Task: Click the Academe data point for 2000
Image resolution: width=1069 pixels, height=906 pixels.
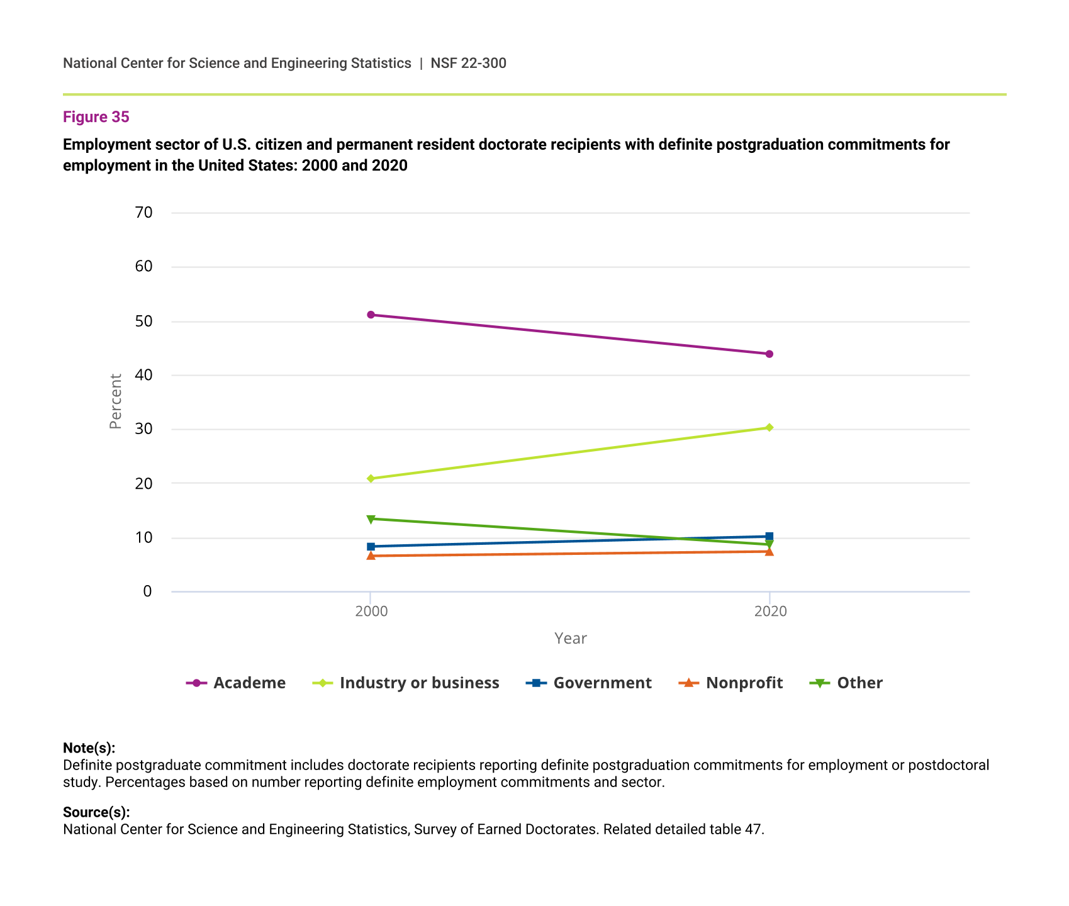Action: coord(371,315)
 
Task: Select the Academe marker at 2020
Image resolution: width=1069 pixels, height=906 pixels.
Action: coord(769,354)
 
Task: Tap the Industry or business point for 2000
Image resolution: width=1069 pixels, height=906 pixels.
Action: coord(371,479)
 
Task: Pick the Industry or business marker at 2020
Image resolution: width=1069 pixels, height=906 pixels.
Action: coord(769,428)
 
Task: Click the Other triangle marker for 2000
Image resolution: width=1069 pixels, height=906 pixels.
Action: coord(371,519)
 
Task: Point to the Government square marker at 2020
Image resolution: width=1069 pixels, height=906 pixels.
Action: coord(769,537)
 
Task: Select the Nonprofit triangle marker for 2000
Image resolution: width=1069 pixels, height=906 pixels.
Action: coord(371,556)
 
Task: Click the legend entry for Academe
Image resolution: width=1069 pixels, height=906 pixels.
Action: coord(237,683)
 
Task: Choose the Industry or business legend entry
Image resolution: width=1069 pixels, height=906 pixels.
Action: coord(406,683)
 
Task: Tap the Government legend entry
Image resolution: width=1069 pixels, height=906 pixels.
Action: coord(589,683)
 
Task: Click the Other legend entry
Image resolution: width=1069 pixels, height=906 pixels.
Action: coord(846,683)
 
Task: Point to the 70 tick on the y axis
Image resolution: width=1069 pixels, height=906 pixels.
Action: coord(143,213)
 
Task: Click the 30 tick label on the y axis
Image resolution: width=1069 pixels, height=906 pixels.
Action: coord(143,429)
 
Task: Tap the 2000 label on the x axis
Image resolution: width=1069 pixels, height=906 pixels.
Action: coord(371,612)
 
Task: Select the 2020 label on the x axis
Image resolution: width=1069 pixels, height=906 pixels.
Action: coord(770,612)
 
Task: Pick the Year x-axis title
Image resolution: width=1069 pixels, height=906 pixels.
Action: coord(570,639)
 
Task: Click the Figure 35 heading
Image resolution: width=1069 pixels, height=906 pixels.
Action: coord(96,117)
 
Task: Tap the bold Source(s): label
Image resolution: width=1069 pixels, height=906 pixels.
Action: coord(96,812)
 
